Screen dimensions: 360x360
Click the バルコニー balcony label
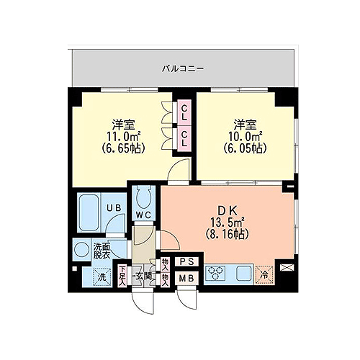pyautogui.click(x=183, y=69)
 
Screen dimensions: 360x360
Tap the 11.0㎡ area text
pyautogui.click(x=123, y=137)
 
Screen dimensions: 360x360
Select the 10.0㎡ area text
pyautogui.click(x=245, y=137)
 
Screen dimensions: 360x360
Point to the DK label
pyautogui.click(x=228, y=211)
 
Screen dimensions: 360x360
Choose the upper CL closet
pyautogui.click(x=184, y=112)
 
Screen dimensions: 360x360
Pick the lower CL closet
pyautogui.click(x=184, y=138)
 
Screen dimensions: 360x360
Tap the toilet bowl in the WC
pyautogui.click(x=143, y=197)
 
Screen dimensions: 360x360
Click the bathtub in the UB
pyautogui.click(x=89, y=213)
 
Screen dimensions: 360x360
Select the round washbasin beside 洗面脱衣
pyautogui.click(x=81, y=249)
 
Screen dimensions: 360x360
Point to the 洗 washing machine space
pyautogui.click(x=102, y=277)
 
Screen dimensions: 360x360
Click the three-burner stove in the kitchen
pyautogui.click(x=215, y=273)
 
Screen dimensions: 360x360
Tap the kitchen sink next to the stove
pyautogui.click(x=244, y=274)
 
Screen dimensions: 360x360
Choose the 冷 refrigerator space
pyautogui.click(x=264, y=275)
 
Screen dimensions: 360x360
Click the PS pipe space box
pyautogui.click(x=187, y=261)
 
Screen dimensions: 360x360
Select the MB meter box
pyautogui.click(x=187, y=278)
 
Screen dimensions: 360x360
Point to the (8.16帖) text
pyautogui.click(x=228, y=234)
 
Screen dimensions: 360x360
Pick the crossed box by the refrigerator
pyautogui.click(x=287, y=267)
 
